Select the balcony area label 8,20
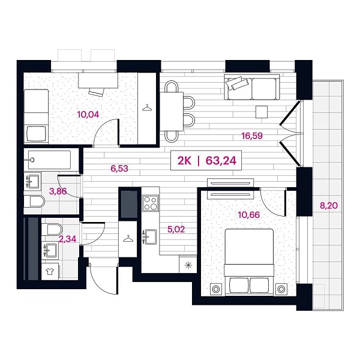point(328,206)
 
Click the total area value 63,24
point(220,160)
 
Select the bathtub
point(48,161)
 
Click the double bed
point(249,262)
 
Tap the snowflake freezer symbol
point(190,264)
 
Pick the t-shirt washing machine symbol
point(49,272)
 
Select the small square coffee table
point(261,112)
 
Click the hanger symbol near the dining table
point(146,108)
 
